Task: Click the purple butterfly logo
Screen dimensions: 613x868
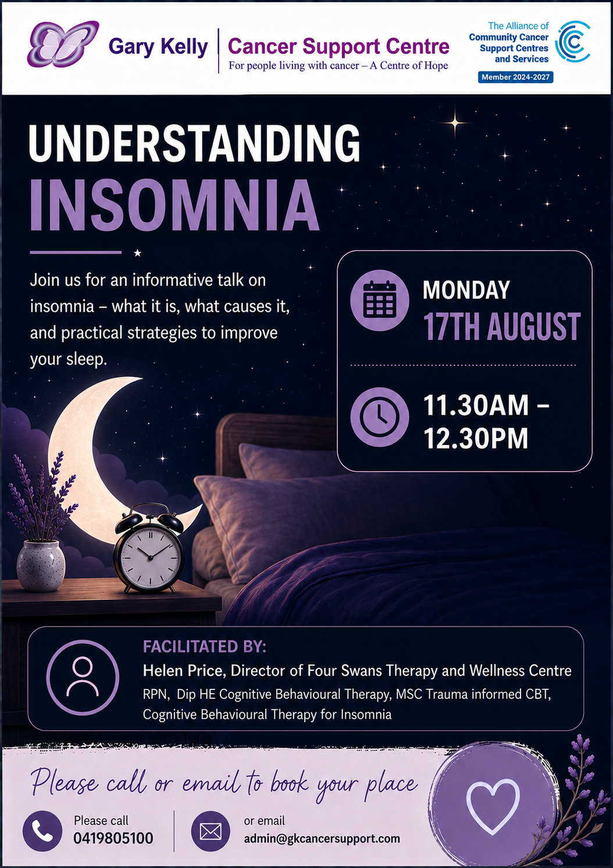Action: (x=63, y=44)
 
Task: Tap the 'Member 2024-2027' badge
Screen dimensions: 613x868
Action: (x=515, y=77)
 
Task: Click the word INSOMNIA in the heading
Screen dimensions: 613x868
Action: (x=174, y=205)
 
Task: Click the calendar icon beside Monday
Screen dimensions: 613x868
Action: (x=380, y=300)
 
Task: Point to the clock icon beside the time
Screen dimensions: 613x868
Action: (x=380, y=417)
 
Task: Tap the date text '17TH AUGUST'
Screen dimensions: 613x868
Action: (x=502, y=326)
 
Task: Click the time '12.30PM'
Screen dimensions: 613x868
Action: (x=476, y=438)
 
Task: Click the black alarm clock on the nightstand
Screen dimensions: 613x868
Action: (x=149, y=548)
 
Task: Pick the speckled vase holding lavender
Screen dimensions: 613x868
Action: (x=41, y=565)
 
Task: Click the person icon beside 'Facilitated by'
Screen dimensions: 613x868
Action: (x=83, y=677)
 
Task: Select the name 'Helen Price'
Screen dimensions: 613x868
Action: (x=184, y=670)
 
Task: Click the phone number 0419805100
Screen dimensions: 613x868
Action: (x=113, y=838)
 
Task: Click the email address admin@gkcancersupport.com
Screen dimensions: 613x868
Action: (x=322, y=838)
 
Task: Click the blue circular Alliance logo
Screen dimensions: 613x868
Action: (x=573, y=41)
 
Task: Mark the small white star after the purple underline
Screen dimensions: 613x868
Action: (x=138, y=253)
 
